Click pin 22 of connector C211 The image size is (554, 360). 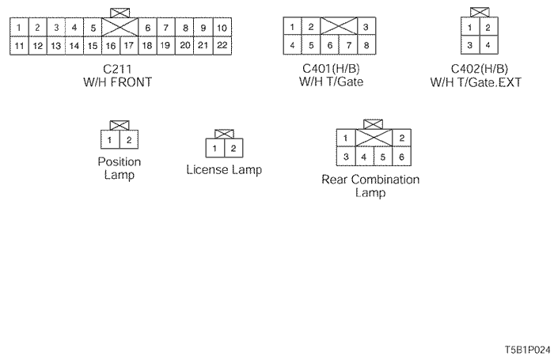pyautogui.click(x=222, y=46)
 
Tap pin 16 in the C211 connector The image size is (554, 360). pyautogui.click(x=111, y=46)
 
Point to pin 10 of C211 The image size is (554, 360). pyautogui.click(x=222, y=28)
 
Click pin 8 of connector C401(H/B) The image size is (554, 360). pyautogui.click(x=365, y=46)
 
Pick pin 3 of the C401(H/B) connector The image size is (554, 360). pyautogui.click(x=365, y=28)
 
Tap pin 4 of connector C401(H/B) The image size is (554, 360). pyautogui.click(x=293, y=46)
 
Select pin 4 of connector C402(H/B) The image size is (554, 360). pyautogui.click(x=488, y=46)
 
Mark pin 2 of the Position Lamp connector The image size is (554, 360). pyautogui.click(x=128, y=140)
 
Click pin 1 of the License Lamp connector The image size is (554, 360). pyautogui.click(x=214, y=148)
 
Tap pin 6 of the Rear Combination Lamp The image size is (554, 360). pyautogui.click(x=402, y=156)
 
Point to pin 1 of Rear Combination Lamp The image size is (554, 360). pyautogui.click(x=346, y=139)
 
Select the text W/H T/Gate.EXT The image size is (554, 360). pyautogui.click(x=476, y=81)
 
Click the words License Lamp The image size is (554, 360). pyautogui.click(x=224, y=170)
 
